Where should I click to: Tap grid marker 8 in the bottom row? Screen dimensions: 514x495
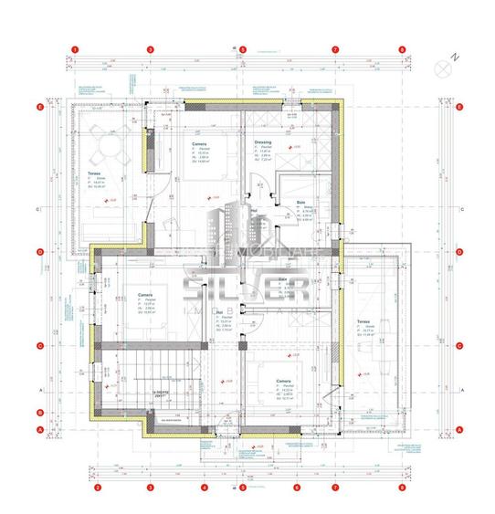point(402,488)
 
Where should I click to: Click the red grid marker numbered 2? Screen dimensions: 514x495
point(98,488)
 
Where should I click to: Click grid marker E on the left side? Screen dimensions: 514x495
point(40,107)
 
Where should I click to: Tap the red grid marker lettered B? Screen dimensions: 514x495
point(40,408)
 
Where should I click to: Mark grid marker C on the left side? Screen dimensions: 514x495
point(40,345)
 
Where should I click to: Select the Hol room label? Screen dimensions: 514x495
point(222,312)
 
